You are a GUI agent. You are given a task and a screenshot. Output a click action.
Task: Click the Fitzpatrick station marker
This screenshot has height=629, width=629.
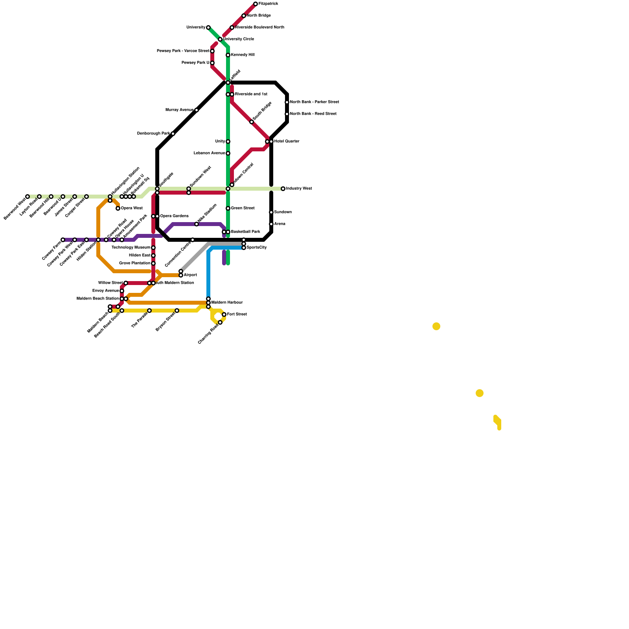tap(256, 4)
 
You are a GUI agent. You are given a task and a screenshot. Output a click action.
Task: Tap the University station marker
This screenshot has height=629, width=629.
tap(208, 28)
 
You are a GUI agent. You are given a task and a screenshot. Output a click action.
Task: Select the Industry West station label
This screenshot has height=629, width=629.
tap(299, 189)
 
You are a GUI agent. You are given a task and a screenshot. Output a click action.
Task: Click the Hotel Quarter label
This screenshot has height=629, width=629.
tap(287, 142)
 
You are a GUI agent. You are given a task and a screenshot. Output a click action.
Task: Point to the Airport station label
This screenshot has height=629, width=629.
tap(190, 275)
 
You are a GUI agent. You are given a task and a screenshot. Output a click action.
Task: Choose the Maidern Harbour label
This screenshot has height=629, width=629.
tap(227, 303)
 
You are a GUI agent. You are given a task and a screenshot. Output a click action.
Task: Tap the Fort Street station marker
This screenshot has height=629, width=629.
tap(224, 314)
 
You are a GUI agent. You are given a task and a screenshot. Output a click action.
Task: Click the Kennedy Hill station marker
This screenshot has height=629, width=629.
tap(228, 55)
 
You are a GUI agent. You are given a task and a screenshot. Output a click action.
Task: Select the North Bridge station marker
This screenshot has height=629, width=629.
tap(244, 16)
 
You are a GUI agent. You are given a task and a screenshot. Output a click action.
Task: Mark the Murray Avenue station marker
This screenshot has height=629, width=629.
tap(197, 110)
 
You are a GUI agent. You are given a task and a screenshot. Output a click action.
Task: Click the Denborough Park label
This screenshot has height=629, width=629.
tap(153, 134)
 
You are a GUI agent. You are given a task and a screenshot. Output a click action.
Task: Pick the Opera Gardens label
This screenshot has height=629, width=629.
tap(174, 216)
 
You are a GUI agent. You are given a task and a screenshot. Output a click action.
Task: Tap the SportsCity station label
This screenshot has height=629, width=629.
tap(257, 248)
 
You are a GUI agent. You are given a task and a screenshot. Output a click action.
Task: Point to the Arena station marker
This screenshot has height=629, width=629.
tap(271, 224)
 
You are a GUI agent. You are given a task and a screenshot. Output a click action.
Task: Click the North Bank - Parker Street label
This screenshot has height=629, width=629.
tap(314, 102)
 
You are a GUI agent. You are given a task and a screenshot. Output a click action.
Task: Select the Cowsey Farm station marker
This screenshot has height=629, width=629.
tap(63, 240)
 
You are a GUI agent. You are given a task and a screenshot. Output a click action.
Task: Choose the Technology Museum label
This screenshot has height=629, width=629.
tap(131, 248)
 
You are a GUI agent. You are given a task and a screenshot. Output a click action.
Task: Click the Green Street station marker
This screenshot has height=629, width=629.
tap(228, 208)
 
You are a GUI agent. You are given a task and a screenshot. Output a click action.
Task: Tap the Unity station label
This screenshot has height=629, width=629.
tap(220, 142)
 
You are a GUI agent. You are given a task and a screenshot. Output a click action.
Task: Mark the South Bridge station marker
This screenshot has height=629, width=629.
tap(252, 122)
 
